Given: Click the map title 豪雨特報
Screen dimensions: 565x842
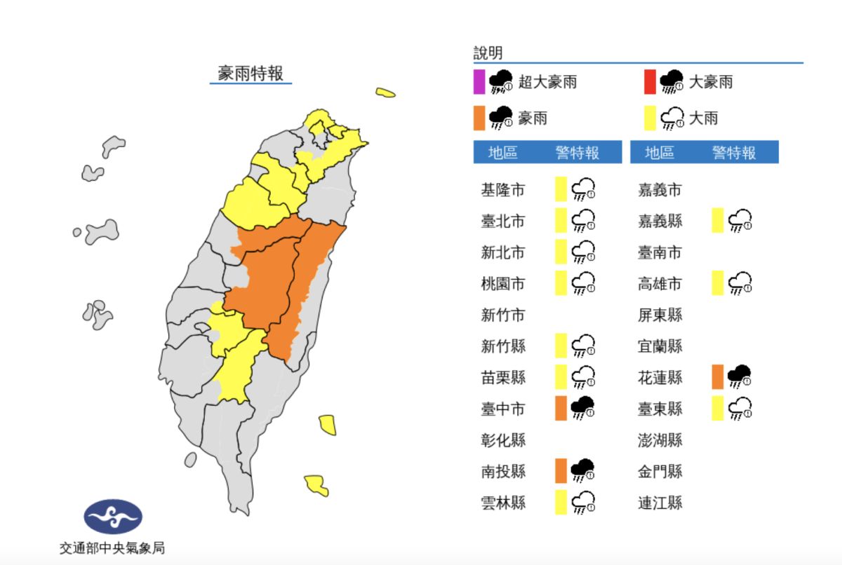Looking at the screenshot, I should pos(250,74).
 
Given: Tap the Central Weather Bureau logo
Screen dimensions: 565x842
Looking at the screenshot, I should pos(113,517).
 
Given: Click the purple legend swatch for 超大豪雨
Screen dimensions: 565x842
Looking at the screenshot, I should pos(479,82).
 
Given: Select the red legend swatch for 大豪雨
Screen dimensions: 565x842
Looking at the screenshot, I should pos(650,82).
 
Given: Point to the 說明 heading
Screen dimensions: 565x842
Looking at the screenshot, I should pos(488,53).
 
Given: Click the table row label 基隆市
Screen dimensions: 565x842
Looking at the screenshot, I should pos(502,190).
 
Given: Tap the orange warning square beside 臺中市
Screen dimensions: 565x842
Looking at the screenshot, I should pos(561,408).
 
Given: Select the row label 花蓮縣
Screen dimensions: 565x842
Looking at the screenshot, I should pos(660,377).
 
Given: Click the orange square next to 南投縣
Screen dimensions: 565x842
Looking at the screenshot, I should pos(561,470).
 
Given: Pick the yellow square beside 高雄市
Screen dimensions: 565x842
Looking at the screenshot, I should pos(717,284).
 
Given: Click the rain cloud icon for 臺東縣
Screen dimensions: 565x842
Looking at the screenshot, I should pos(740,408).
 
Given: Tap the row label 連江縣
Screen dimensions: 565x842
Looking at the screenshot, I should pos(660,503).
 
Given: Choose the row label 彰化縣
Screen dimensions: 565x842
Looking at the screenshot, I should pos(502,440).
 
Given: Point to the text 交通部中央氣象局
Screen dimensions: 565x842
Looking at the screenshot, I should pos(112,548).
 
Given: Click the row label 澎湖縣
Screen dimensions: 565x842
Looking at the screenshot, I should pos(660,440).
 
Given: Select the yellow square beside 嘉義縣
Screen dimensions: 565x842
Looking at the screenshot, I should pos(717,221).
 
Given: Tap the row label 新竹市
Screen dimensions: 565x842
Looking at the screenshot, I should pos(502,315).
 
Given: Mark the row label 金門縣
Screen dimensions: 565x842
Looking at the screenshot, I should pos(660,471).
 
